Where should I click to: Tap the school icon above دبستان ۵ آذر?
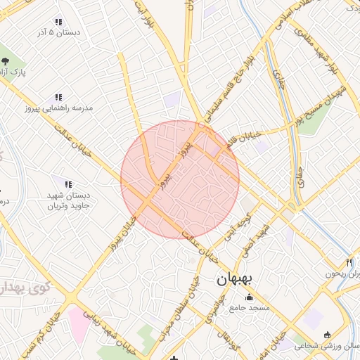(58, 22)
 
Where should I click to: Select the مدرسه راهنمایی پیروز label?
(59, 109)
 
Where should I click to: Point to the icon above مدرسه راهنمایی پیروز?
(58, 97)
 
